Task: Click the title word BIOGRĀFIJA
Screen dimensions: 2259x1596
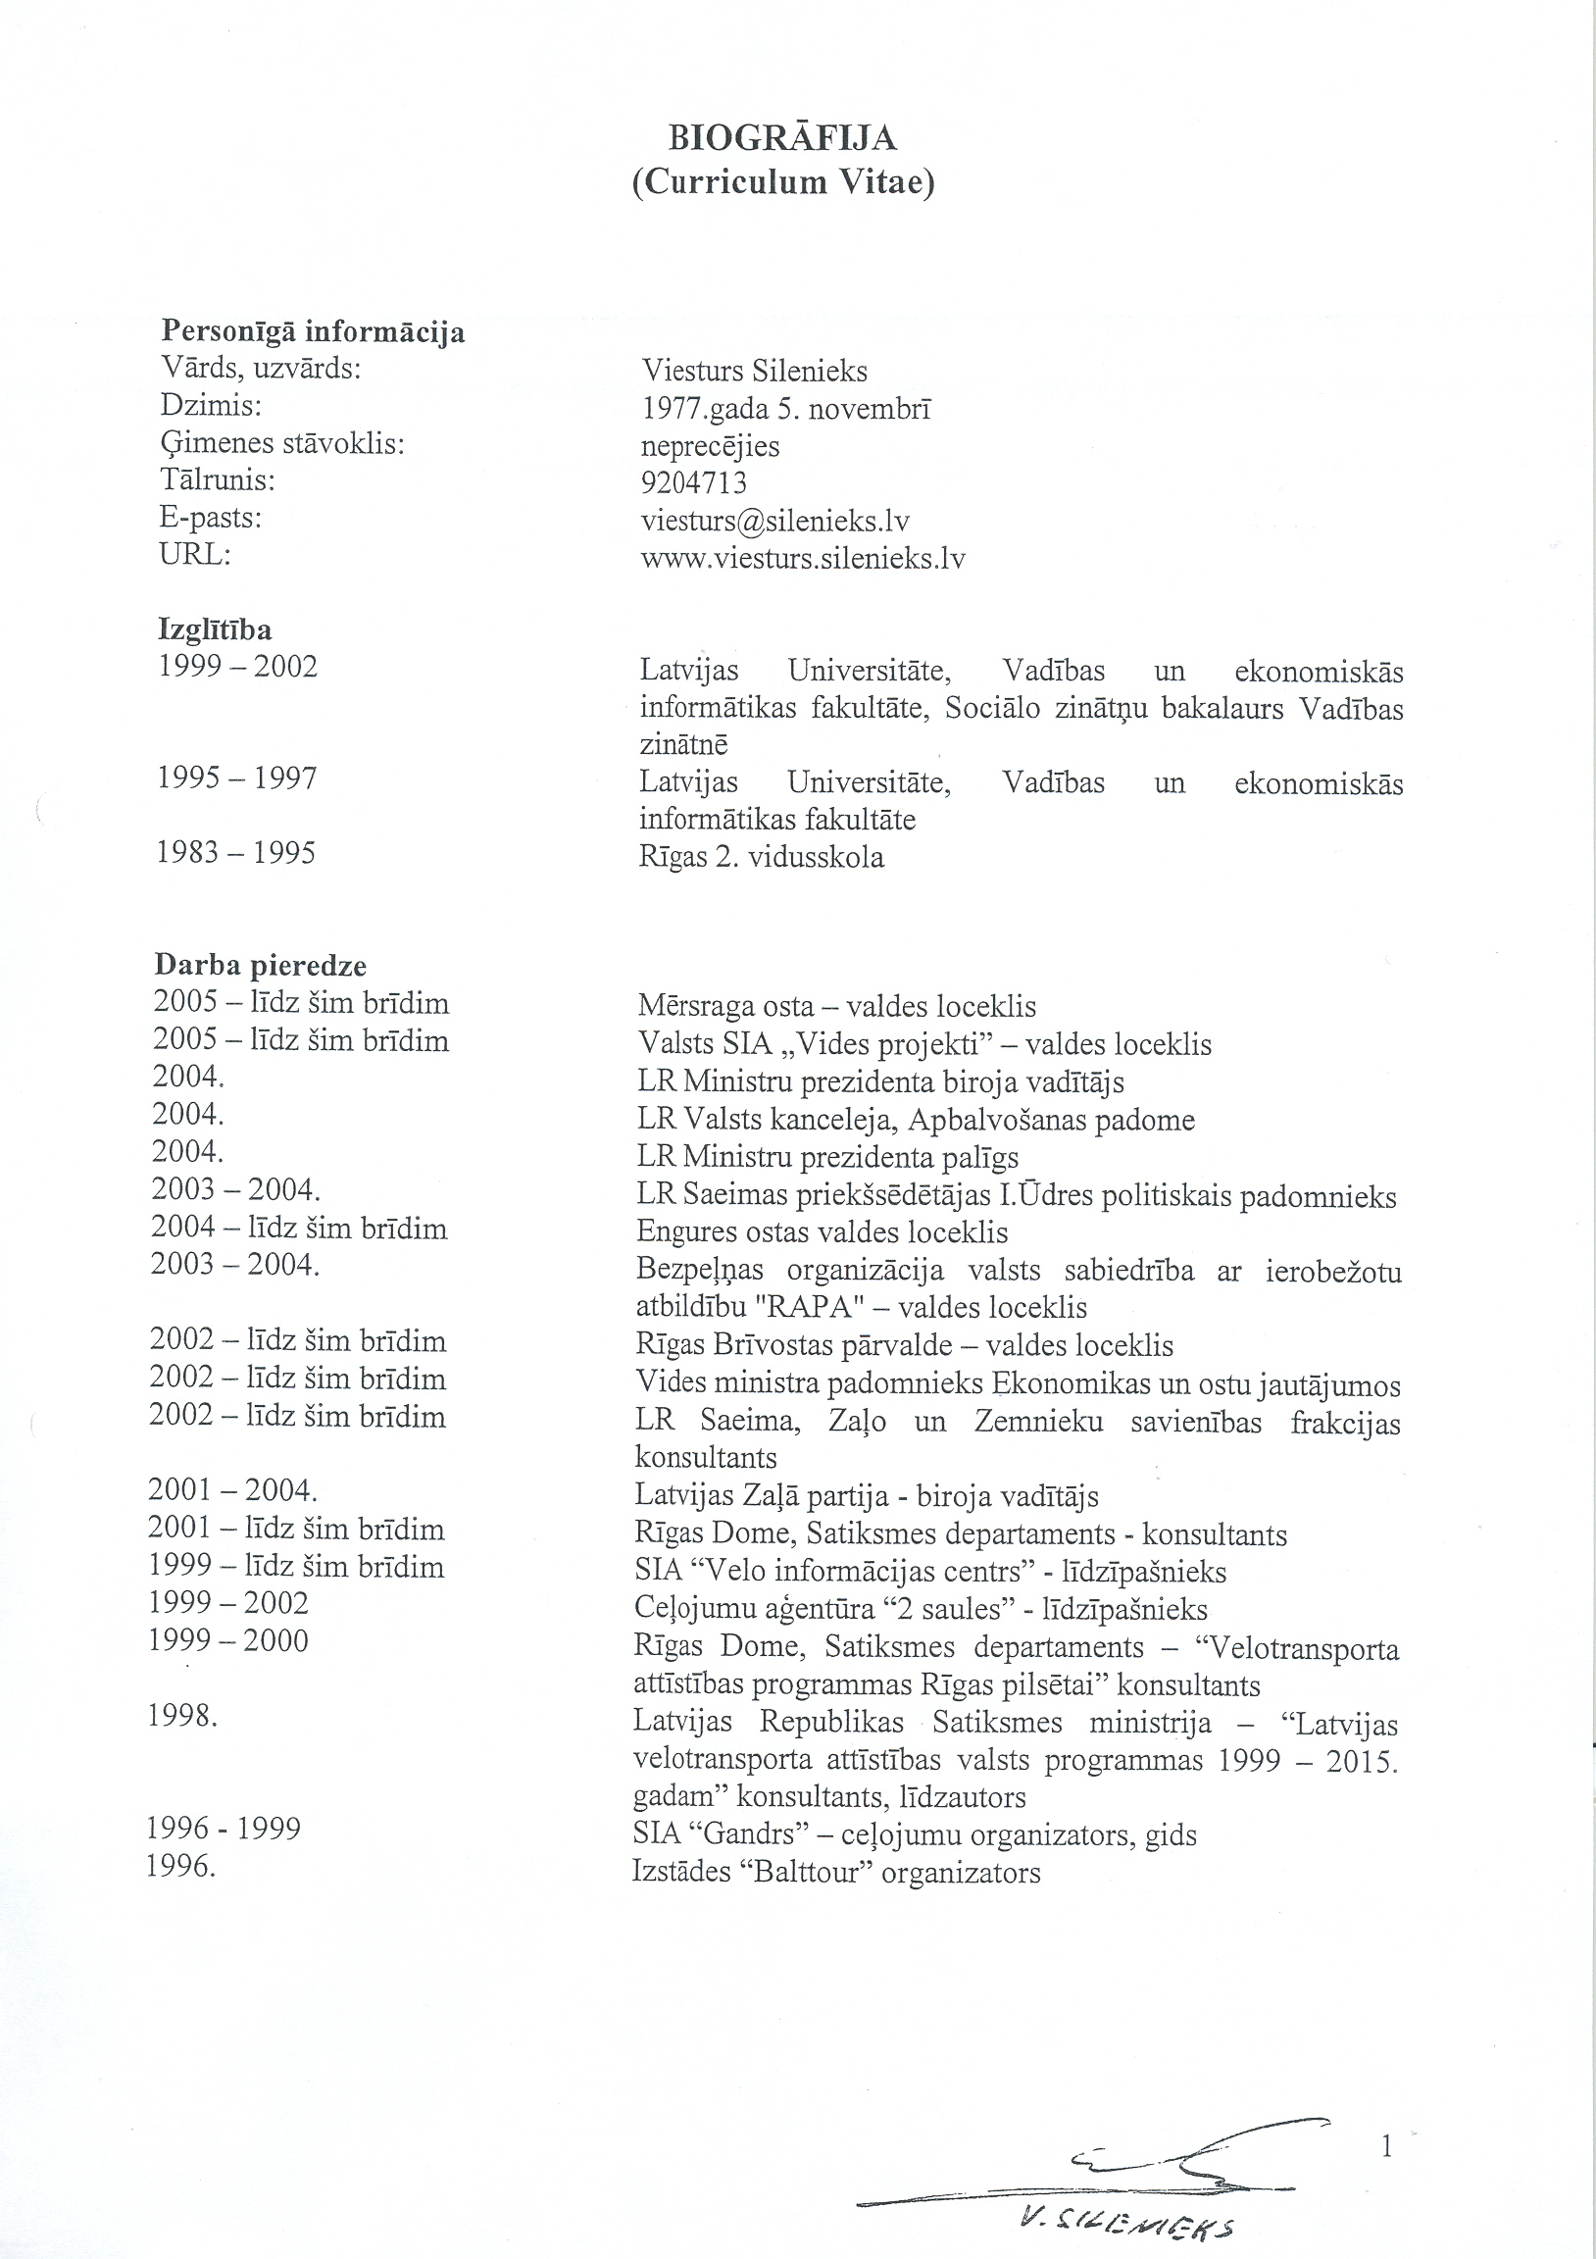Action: coord(782,138)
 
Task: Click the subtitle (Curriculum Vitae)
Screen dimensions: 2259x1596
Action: coord(782,184)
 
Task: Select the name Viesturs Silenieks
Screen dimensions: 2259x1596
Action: coord(755,371)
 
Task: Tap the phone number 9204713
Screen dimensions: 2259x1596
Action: coord(694,483)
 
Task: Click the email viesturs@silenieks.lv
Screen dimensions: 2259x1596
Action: coord(774,521)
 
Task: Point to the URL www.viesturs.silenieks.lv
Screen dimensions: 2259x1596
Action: coord(803,559)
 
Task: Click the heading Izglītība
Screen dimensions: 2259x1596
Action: coord(215,628)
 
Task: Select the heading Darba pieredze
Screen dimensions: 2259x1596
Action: coord(260,965)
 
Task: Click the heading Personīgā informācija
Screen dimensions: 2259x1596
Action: coord(312,331)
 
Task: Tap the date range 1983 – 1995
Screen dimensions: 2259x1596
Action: coord(236,852)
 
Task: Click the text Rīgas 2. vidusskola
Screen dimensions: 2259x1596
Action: coord(762,857)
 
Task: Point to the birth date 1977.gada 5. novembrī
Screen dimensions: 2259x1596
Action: coord(786,408)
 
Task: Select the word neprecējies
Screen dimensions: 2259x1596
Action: coord(710,446)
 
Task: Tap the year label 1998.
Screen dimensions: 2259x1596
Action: coord(182,1716)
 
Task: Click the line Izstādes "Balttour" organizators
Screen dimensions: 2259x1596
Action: coord(835,1872)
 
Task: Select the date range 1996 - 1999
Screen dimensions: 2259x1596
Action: coord(224,1828)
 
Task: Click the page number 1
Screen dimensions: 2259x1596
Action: coord(1387,2146)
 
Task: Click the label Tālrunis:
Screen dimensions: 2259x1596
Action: coord(217,480)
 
